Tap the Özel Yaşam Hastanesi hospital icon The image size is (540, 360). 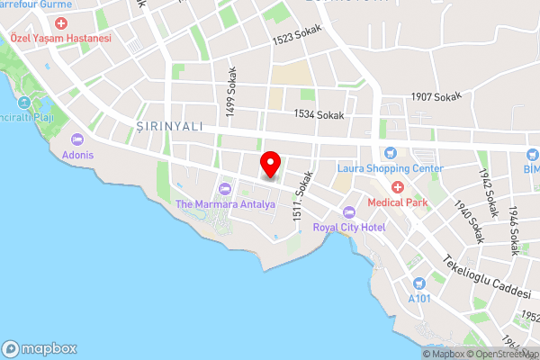(x=60, y=22)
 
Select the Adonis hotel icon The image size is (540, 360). (x=76, y=139)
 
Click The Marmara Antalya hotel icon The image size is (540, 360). (x=224, y=188)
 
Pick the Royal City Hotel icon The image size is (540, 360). (x=349, y=211)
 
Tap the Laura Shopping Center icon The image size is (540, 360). (x=390, y=153)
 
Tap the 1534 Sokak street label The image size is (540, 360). (x=319, y=114)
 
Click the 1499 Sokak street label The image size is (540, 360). (x=231, y=94)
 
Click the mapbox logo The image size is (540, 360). (x=40, y=348)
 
